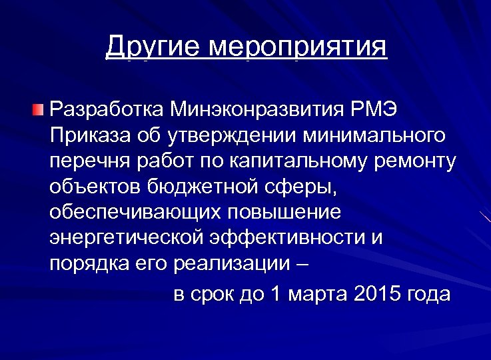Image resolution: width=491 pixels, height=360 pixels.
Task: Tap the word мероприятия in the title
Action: click(x=297, y=48)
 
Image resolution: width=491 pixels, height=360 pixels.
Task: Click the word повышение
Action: click(x=284, y=213)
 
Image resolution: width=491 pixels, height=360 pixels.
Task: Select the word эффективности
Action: click(x=288, y=238)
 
